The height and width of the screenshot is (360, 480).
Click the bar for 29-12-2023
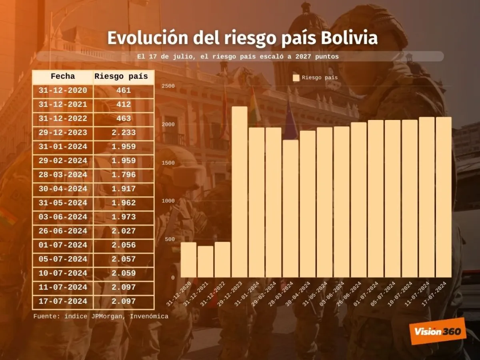click(x=239, y=192)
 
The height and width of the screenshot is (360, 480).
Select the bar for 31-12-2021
click(x=205, y=262)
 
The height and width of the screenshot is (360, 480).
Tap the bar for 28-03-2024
click(x=290, y=208)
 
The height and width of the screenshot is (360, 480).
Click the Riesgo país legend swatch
click(x=296, y=78)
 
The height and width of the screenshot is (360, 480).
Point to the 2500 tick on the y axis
click(x=168, y=86)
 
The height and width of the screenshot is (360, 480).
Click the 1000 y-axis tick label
click(x=168, y=201)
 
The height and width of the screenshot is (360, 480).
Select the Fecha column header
click(x=63, y=76)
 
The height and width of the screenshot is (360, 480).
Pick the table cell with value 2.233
click(x=124, y=132)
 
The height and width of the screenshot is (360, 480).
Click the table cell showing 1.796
click(x=124, y=175)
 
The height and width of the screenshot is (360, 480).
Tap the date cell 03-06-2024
click(x=63, y=217)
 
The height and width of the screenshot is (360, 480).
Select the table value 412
click(x=124, y=104)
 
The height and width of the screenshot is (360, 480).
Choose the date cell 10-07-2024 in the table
click(x=63, y=273)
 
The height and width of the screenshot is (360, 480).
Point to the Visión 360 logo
click(x=438, y=331)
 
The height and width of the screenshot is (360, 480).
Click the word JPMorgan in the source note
click(x=111, y=316)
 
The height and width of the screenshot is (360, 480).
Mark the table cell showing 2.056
click(x=124, y=245)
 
